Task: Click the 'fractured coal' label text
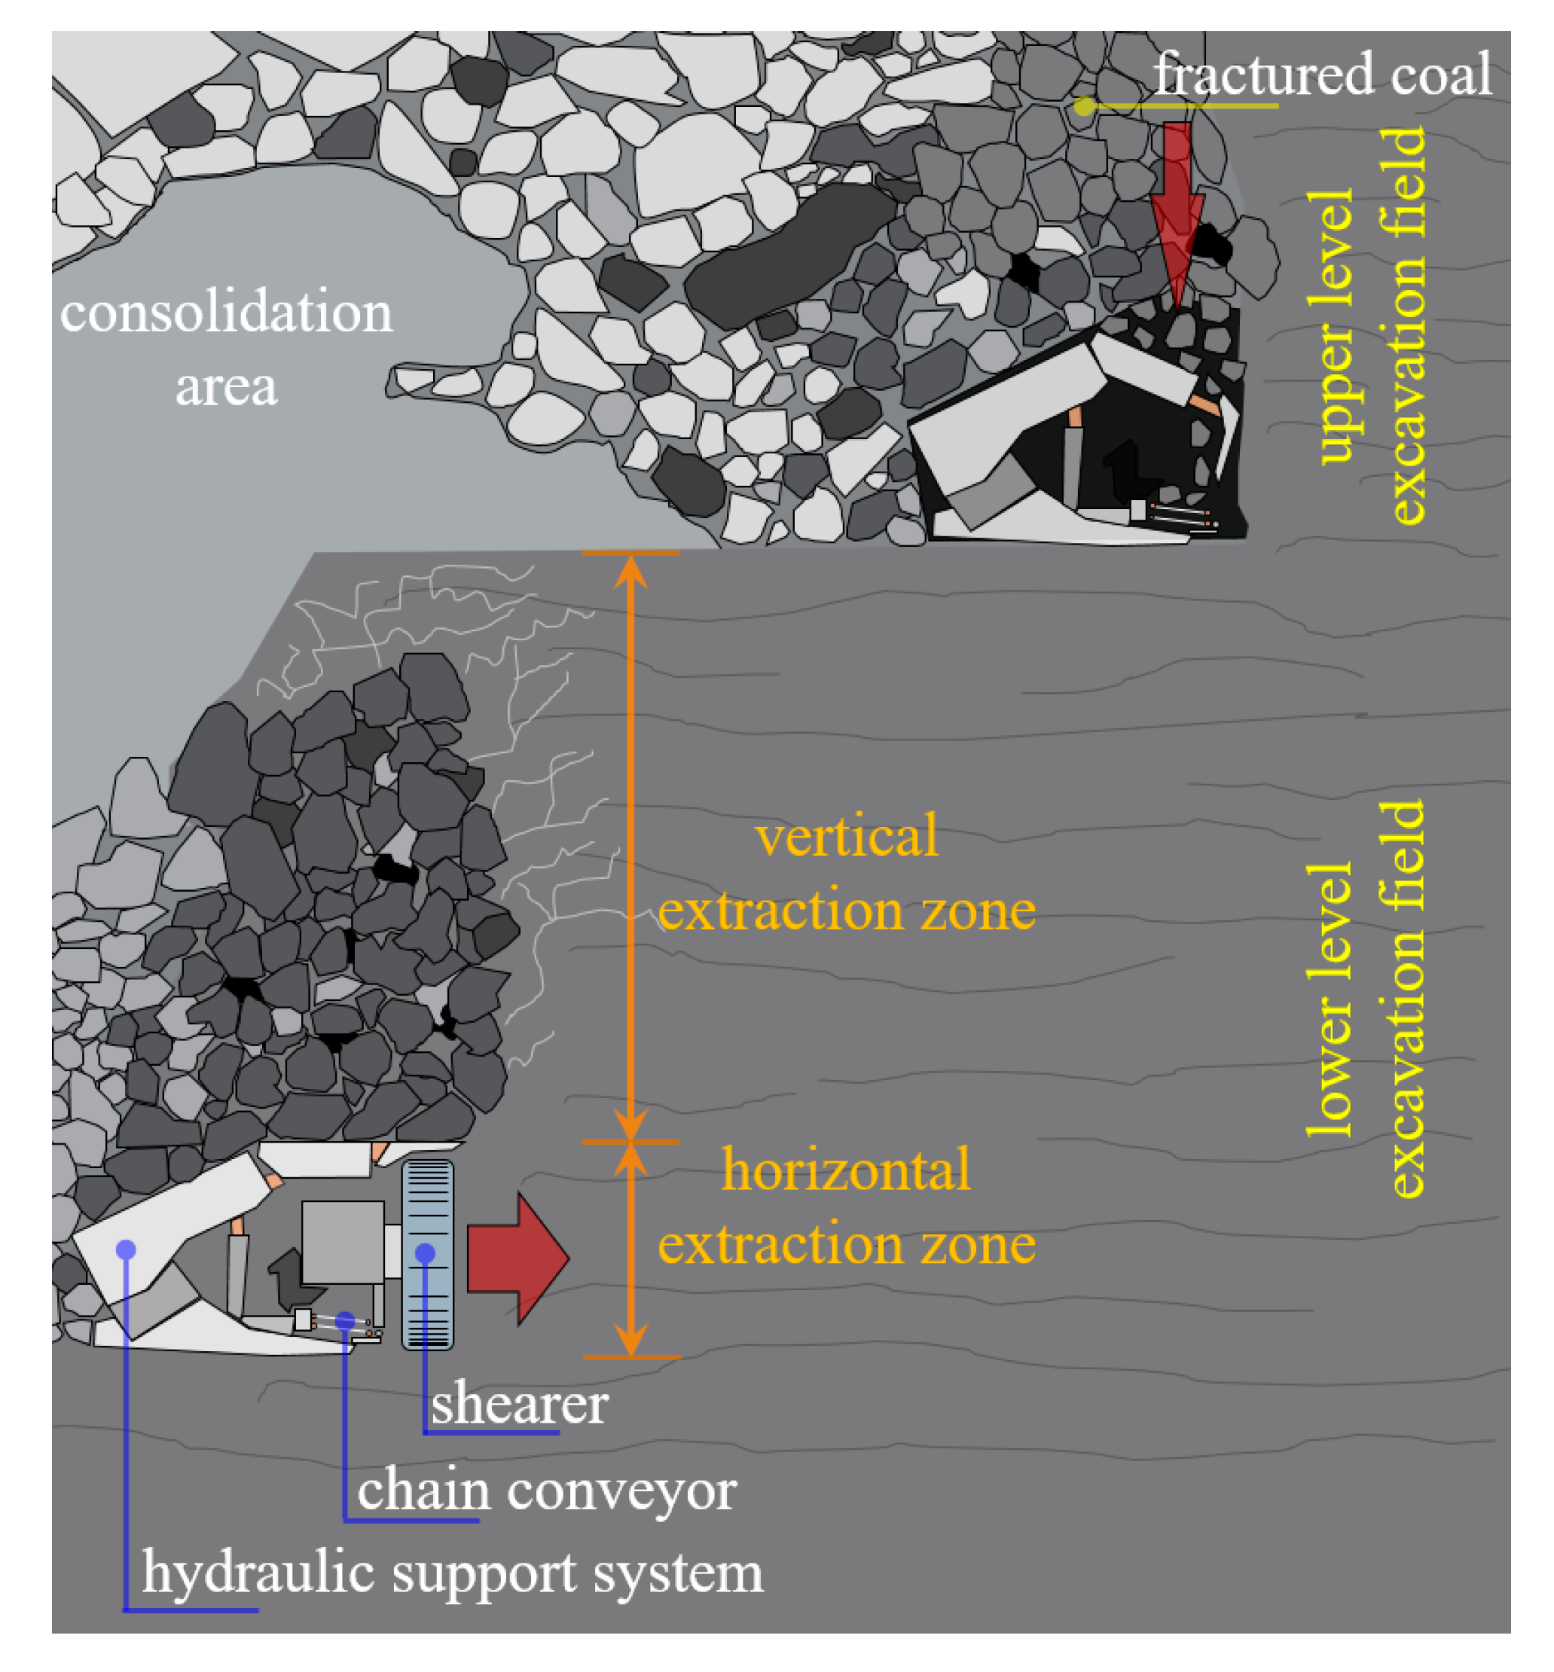coord(1321,74)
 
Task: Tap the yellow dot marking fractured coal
coord(1084,106)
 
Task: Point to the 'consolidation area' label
coord(226,347)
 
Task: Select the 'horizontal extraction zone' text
coord(846,1206)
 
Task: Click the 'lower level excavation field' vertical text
coord(1367,999)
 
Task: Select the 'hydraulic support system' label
coord(453,1573)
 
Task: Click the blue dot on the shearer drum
coord(426,1253)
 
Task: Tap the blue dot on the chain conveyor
coord(345,1320)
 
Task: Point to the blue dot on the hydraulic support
coord(126,1250)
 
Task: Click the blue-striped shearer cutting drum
coord(428,1210)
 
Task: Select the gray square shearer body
coord(342,1242)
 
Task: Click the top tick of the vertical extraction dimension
coord(630,553)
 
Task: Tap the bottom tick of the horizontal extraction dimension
coord(630,1356)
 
